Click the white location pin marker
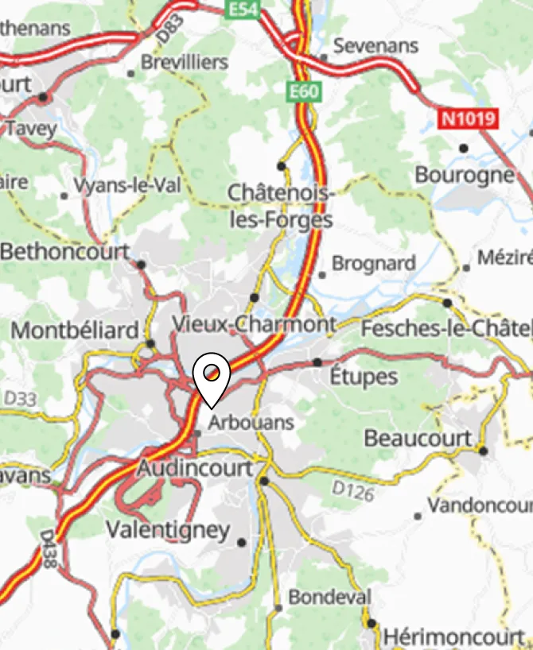coord(212,377)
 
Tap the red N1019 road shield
coord(469,119)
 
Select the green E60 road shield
coord(303,91)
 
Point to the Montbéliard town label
coord(76,330)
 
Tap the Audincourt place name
coord(194,468)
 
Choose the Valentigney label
coord(168,530)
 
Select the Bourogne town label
coord(465,175)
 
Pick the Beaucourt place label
coord(418,438)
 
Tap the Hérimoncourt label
coord(455,637)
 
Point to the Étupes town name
coord(364,376)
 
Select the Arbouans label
coord(251,423)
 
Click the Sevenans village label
coord(375,46)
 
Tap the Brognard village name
coord(373,263)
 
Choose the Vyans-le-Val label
coord(127,186)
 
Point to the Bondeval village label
coord(329,596)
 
